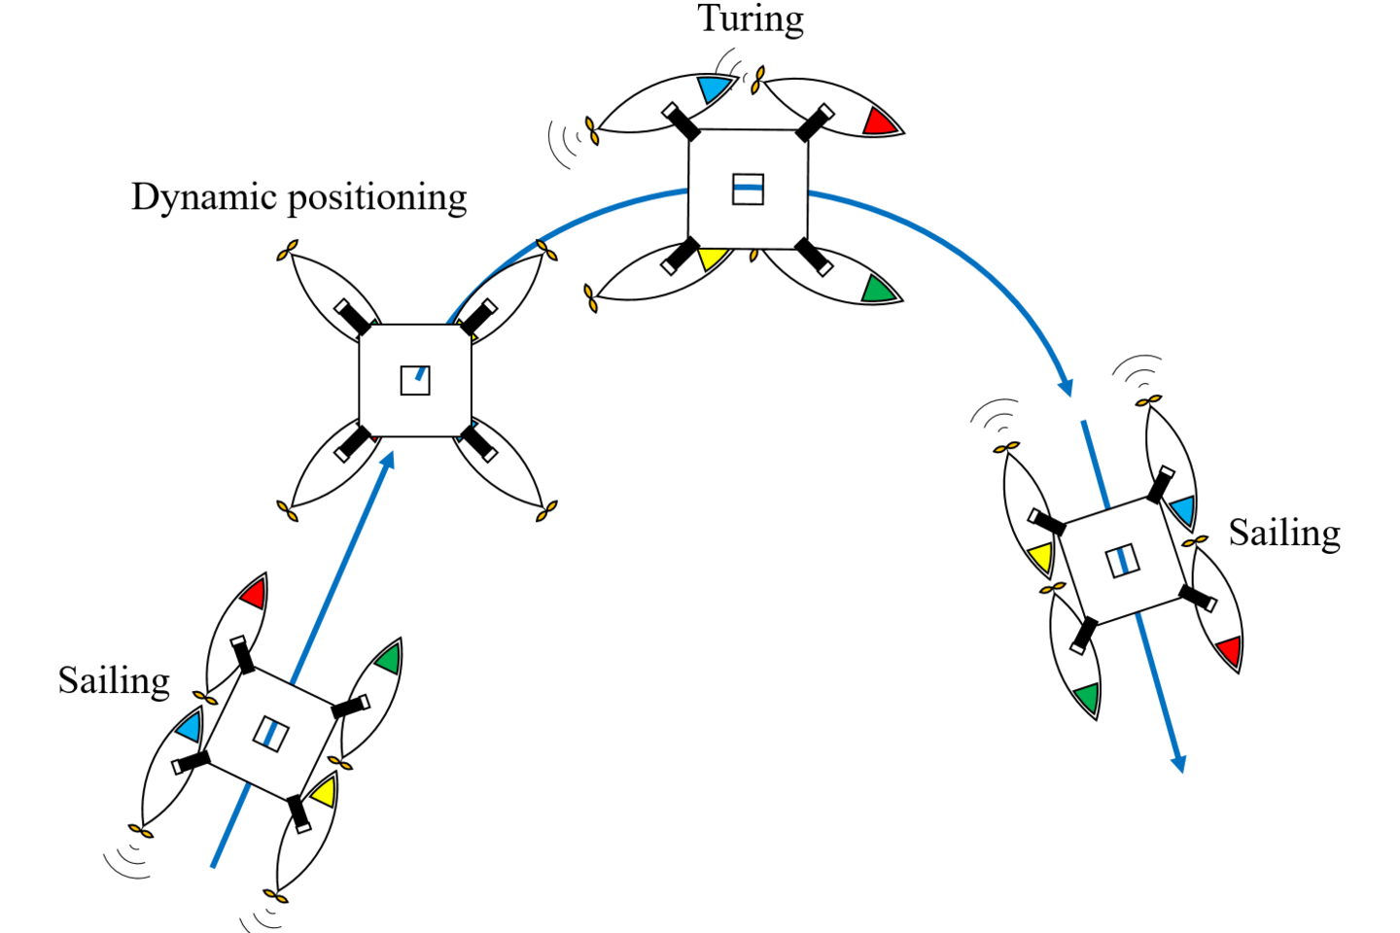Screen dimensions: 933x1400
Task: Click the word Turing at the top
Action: [x=751, y=18]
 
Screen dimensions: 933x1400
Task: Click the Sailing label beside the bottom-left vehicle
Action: [x=114, y=680]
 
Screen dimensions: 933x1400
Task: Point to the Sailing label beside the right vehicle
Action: [x=1284, y=533]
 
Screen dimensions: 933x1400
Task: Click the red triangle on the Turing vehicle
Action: [x=879, y=122]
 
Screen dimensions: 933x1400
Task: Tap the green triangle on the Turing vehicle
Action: [x=878, y=290]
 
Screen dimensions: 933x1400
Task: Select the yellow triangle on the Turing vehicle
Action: [x=712, y=259]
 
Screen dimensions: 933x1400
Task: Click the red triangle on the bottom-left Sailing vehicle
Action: [x=255, y=593]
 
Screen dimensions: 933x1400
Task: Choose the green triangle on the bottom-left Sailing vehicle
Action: [x=388, y=658]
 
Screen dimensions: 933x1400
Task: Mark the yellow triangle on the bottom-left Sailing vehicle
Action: [x=324, y=791]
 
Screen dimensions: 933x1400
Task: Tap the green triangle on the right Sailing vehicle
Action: [x=1087, y=697]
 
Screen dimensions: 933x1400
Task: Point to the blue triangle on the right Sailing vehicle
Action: [x=1182, y=509]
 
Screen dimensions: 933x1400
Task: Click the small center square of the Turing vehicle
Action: [x=748, y=189]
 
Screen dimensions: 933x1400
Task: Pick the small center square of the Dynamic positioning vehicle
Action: [x=415, y=380]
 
